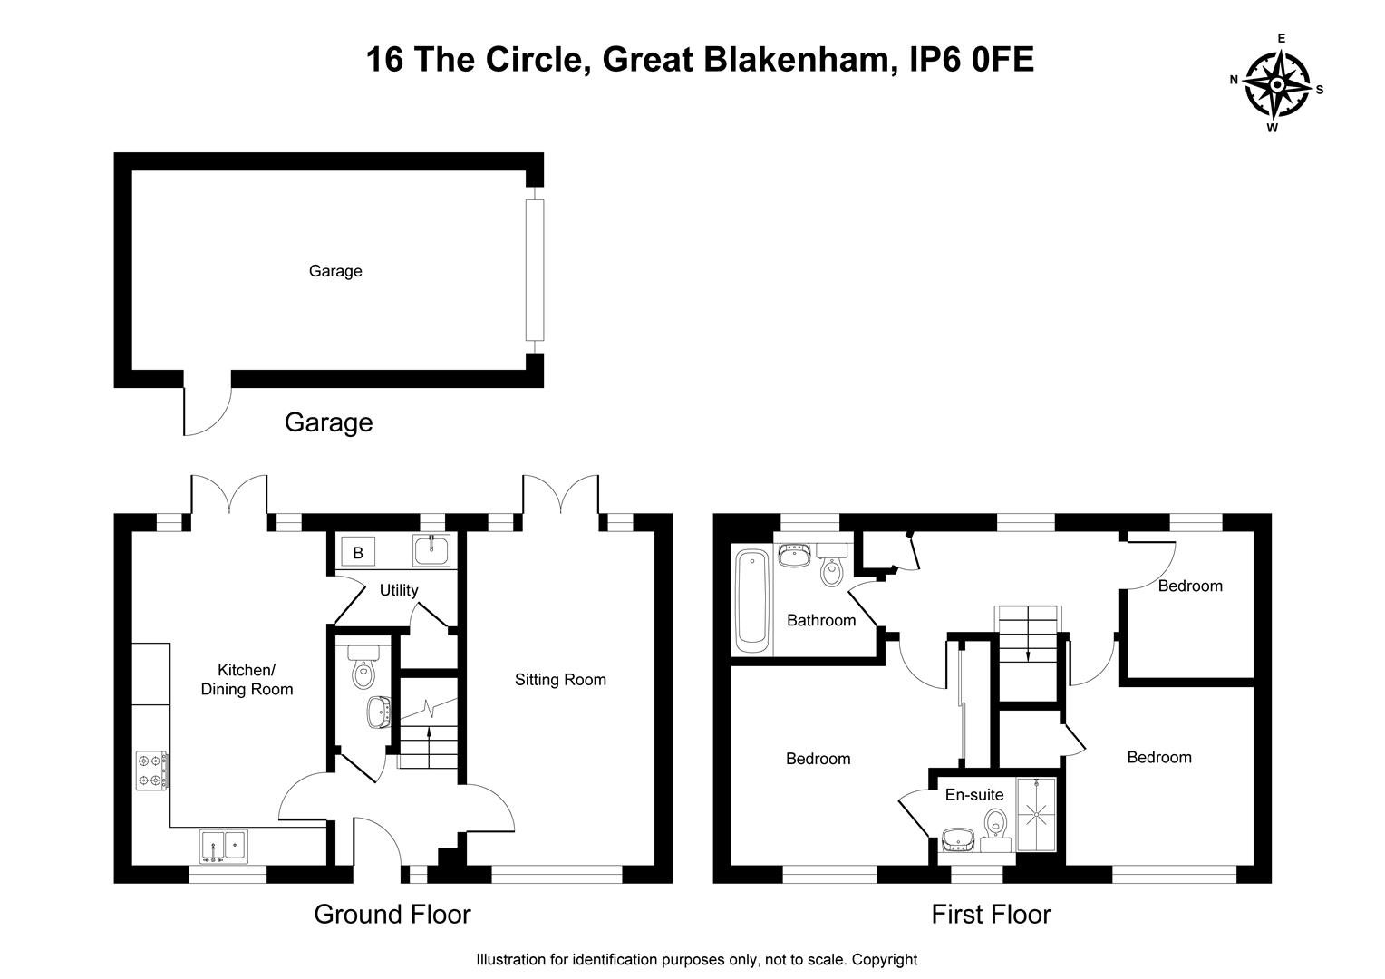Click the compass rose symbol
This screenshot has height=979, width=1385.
pos(1276,85)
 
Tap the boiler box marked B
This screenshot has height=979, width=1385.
pos(358,552)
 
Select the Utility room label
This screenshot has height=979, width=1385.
pos(398,590)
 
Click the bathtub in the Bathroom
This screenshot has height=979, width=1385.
pos(751,600)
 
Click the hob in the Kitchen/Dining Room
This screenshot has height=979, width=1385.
pos(152,770)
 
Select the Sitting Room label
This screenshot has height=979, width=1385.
pos(560,680)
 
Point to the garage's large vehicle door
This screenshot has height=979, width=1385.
pos(535,270)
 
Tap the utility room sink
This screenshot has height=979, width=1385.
pos(431,551)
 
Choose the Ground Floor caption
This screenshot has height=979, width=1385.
pos(392,914)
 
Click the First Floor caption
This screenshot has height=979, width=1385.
pos(991,914)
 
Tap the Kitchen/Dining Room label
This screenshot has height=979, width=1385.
pos(247,680)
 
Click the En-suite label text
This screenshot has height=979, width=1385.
pos(974,795)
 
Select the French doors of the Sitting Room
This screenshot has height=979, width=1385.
pos(560,497)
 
